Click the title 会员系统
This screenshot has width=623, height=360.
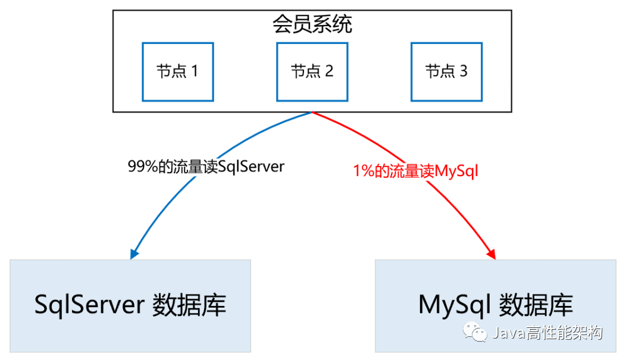pos(312,25)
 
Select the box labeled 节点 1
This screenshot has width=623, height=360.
pos(177,71)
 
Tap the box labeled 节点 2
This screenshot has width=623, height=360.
pos(312,71)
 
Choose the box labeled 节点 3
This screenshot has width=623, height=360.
pos(446,71)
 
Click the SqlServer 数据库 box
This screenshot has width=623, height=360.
pos(130,305)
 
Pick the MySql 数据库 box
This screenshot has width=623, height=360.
pos(495,305)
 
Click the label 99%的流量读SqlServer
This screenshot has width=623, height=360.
pos(206,167)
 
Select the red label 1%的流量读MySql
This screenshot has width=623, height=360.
pos(416,171)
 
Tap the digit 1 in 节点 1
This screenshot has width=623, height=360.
pos(193,71)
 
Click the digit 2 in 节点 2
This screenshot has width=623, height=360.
pos(328,71)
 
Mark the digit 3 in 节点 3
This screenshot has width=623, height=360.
pos(463,71)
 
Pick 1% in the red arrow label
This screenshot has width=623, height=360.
pos(363,171)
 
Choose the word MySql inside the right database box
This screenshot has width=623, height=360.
pos(454,305)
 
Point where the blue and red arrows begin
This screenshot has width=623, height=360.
pos(312,112)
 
